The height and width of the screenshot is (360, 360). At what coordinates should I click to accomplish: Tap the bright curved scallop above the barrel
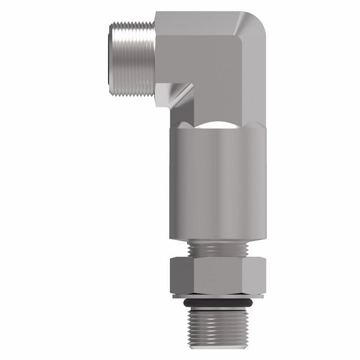click(213, 127)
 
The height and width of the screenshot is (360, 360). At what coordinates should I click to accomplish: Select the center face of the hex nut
click(217, 273)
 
